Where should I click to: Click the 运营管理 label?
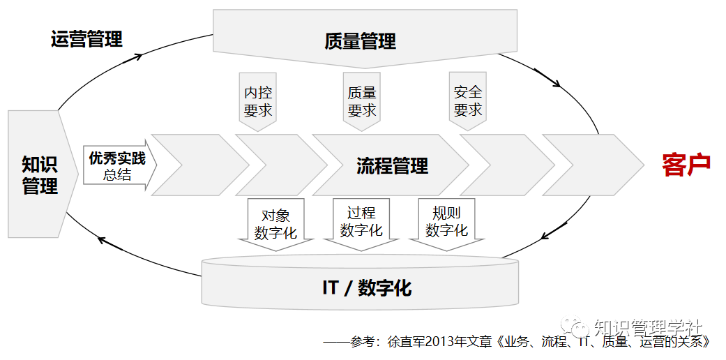click(86, 38)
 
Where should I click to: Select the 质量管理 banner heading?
click(360, 41)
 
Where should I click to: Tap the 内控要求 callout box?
click(258, 101)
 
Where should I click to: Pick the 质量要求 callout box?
click(362, 101)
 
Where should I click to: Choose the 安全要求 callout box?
click(467, 101)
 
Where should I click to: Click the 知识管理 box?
click(40, 175)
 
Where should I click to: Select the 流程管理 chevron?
click(392, 166)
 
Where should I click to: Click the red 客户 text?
click(686, 165)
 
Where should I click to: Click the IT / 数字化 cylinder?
click(360, 286)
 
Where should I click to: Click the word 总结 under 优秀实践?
click(117, 174)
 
